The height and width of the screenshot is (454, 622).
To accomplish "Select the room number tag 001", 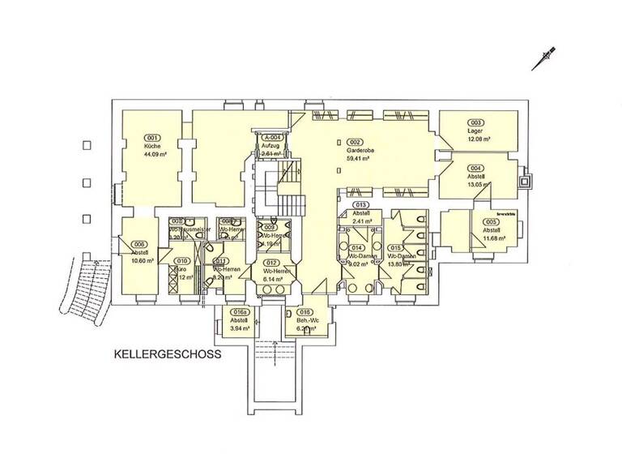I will coord(152,137).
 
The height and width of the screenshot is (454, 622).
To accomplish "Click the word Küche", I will coord(152,145).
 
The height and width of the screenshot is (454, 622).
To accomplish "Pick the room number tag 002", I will coord(356,142).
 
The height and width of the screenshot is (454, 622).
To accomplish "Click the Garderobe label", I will coord(358,151).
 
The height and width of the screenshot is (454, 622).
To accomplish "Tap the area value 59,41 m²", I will coord(358,159).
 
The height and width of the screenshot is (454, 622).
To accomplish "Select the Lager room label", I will coord(475,131).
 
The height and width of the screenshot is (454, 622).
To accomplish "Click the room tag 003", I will coord(476,122).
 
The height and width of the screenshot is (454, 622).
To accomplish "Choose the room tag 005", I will coord(491,221).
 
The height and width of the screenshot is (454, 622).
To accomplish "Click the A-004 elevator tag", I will coord(271,138).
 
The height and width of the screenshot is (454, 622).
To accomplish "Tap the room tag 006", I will coord(139,244).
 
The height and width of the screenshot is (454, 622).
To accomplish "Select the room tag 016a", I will coord(239,311).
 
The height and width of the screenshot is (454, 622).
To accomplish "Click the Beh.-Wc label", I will coord(305,320).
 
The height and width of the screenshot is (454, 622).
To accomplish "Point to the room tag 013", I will coord(362,205).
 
